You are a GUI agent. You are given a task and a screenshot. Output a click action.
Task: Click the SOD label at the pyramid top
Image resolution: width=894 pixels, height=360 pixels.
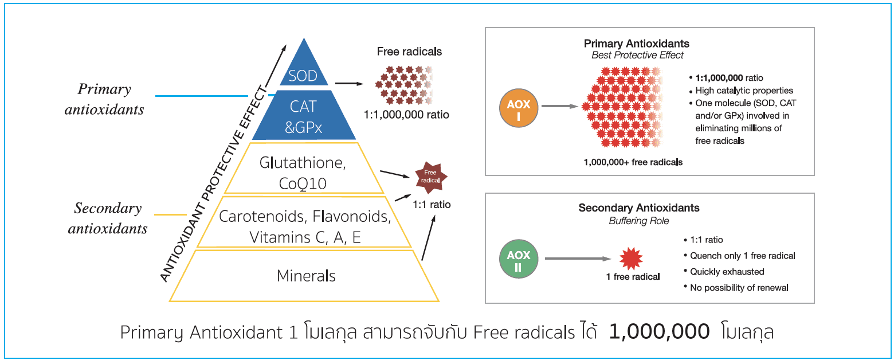pyautogui.click(x=303, y=75)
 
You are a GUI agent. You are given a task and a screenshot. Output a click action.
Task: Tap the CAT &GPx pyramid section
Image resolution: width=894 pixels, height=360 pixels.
pyautogui.click(x=303, y=116)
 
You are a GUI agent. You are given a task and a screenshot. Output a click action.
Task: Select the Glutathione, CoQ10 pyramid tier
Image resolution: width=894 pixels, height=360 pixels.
pyautogui.click(x=303, y=172)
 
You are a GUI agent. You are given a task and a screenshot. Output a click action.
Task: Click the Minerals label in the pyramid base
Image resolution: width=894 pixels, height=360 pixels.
pyautogui.click(x=306, y=276)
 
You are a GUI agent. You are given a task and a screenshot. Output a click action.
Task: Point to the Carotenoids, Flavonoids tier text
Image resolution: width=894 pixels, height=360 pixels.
pyautogui.click(x=305, y=218)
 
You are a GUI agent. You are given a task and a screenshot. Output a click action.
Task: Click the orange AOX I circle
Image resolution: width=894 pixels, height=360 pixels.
pyautogui.click(x=519, y=106)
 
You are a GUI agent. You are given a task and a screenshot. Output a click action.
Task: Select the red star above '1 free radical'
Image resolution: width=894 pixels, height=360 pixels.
pyautogui.click(x=632, y=259)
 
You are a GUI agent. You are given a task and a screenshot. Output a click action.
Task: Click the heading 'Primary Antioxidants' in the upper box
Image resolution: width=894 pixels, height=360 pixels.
pyautogui.click(x=636, y=44)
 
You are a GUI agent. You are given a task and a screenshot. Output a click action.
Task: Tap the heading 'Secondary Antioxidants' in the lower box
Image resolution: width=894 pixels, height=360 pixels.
pyautogui.click(x=638, y=208)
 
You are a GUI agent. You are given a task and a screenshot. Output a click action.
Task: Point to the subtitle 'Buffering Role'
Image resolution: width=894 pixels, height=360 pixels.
pyautogui.click(x=638, y=220)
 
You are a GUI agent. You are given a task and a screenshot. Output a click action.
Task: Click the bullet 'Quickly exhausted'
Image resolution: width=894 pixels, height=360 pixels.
pyautogui.click(x=727, y=271)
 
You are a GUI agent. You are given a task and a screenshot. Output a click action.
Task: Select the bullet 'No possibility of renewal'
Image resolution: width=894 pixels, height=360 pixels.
pyautogui.click(x=739, y=287)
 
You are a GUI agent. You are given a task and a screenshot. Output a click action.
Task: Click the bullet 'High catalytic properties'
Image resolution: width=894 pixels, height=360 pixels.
pyautogui.click(x=744, y=90)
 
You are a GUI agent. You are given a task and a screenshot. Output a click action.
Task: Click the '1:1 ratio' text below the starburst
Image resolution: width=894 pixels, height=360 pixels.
pyautogui.click(x=432, y=204)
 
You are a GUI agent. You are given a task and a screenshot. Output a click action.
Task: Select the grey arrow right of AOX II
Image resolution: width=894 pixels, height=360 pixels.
pyautogui.click(x=575, y=259)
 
